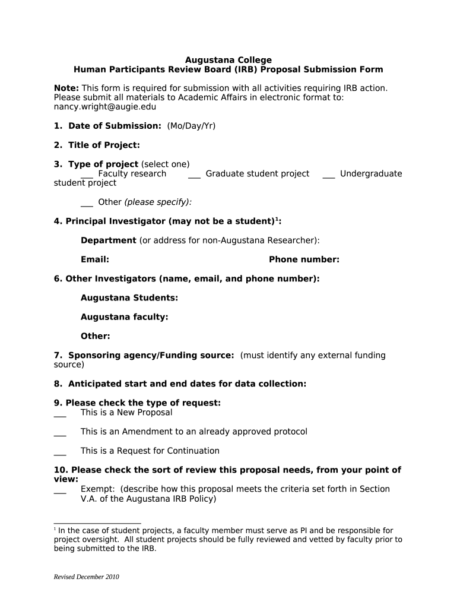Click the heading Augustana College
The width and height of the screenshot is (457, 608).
tap(228, 60)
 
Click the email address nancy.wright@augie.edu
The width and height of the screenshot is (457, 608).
tap(105, 107)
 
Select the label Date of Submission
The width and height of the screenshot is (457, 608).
tap(115, 126)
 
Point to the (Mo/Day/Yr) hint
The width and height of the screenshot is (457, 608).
tap(191, 126)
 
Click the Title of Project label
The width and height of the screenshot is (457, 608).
tap(104, 145)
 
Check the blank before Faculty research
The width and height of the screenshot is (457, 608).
tap(87, 175)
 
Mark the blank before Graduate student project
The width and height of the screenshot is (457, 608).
tap(194, 175)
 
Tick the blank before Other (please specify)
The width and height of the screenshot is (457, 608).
tap(87, 203)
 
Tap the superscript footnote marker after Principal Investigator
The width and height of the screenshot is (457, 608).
tap(277, 219)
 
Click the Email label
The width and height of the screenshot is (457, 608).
tap(95, 259)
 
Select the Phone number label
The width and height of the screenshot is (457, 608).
tap(304, 259)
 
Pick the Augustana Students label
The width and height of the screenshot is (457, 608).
tap(129, 297)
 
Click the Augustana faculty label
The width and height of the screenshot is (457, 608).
tap(125, 317)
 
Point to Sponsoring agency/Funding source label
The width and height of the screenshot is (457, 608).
tap(151, 355)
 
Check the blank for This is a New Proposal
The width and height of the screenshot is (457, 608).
tap(60, 414)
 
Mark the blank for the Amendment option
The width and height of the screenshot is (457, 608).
tap(60, 433)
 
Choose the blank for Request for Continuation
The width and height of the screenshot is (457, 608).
tap(60, 452)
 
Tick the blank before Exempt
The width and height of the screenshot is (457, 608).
tap(60, 490)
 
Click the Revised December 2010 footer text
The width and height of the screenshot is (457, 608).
tap(87, 577)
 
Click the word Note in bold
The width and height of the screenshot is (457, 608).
tap(66, 88)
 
